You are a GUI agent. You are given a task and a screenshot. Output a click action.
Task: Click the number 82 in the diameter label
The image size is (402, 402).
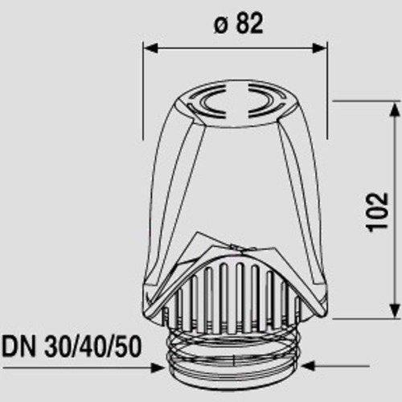[x=249, y=23]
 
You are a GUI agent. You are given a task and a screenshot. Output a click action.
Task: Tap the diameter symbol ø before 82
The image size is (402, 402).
[x=222, y=26]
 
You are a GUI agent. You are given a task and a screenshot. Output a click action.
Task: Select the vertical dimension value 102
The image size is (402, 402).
[x=377, y=212]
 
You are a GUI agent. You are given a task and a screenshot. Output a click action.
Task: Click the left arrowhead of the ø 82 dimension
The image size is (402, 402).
[x=150, y=48]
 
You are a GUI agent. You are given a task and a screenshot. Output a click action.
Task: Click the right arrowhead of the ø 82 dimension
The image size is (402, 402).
[x=319, y=48]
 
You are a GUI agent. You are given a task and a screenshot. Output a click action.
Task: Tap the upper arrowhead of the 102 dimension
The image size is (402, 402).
[x=393, y=109]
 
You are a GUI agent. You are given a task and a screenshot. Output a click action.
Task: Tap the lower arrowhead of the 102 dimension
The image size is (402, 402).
[x=393, y=311]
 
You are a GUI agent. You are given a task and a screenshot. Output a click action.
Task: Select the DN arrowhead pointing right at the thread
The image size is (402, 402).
[x=158, y=367]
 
